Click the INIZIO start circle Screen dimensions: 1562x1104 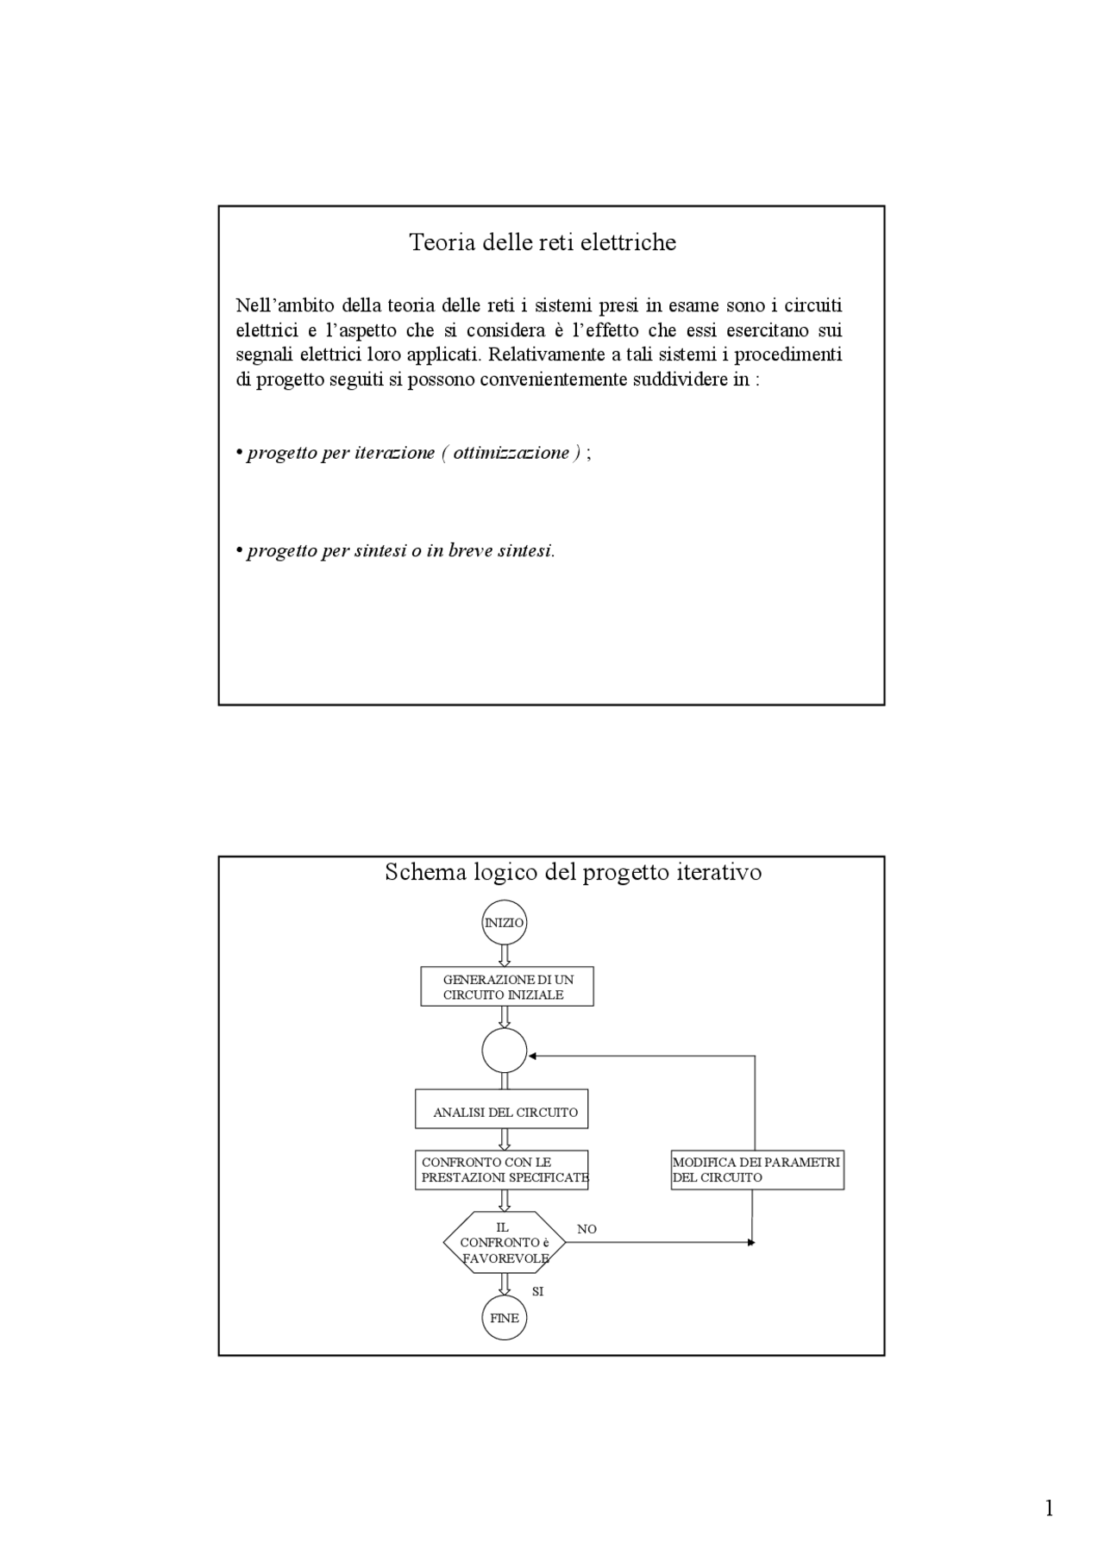click(504, 922)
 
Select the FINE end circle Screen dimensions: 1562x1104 click(504, 1318)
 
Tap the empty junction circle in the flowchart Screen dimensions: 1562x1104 click(504, 1051)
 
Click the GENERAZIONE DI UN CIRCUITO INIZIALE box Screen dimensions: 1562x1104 click(507, 987)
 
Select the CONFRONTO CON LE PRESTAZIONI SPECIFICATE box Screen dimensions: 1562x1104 click(502, 1170)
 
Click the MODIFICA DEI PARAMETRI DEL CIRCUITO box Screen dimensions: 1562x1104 click(757, 1170)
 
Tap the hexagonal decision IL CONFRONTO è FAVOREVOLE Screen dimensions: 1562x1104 click(505, 1242)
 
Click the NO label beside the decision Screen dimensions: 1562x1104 click(586, 1229)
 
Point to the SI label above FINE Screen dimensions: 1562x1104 click(538, 1291)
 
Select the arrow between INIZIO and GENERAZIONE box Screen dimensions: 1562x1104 click(505, 955)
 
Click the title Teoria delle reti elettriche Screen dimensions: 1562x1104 click(543, 242)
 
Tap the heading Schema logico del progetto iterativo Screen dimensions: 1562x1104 click(573, 872)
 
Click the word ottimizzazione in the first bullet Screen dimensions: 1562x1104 click(511, 453)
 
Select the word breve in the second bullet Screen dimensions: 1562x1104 click(471, 551)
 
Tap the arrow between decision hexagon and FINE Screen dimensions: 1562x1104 click(505, 1284)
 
